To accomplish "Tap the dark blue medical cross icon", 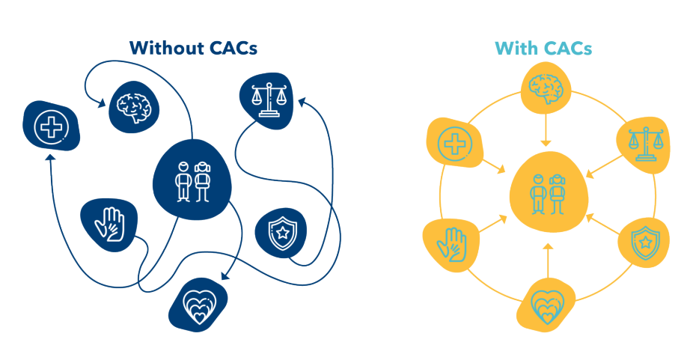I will pyautogui.click(x=51, y=126).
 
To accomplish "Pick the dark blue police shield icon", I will pyautogui.click(x=281, y=234).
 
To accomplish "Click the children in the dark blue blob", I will pyautogui.click(x=192, y=180).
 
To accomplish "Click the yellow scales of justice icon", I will pyautogui.click(x=643, y=142).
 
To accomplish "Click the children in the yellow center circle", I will pyautogui.click(x=546, y=192).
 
